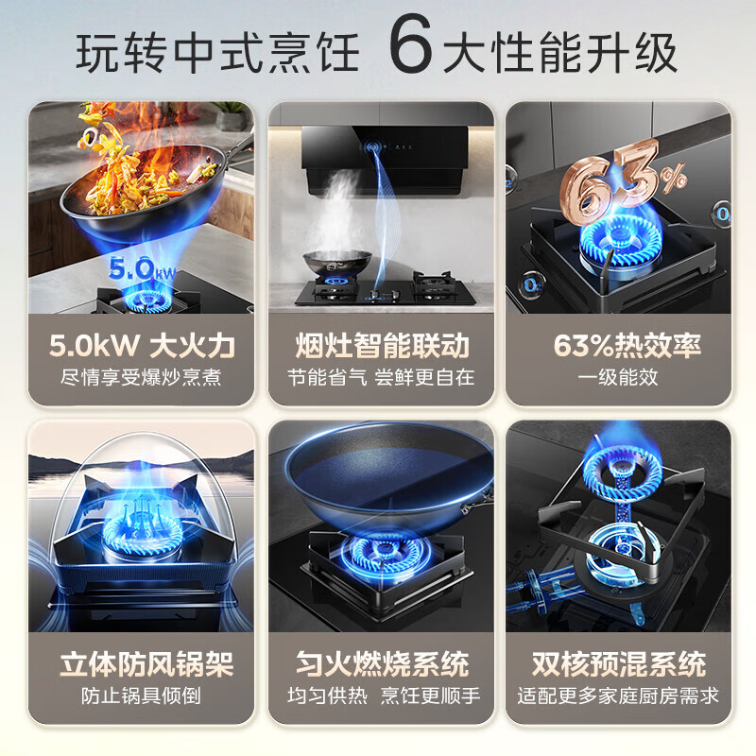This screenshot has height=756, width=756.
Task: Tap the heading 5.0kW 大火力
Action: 142,345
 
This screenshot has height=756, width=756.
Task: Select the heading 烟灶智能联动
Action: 380,345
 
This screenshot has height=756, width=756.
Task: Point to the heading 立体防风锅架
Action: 142,663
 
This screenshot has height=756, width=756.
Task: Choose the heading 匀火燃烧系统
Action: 380,663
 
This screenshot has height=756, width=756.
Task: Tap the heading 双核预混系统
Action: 619,663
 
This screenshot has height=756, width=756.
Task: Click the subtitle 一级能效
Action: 619,377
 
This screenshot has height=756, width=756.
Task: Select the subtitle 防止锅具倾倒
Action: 141,696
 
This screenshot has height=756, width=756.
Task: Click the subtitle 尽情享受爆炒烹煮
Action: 141,377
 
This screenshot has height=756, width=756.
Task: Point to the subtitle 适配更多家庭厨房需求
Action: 619,696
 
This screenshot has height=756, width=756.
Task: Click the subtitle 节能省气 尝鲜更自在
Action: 380,377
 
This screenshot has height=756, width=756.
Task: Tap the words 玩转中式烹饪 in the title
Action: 217,52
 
